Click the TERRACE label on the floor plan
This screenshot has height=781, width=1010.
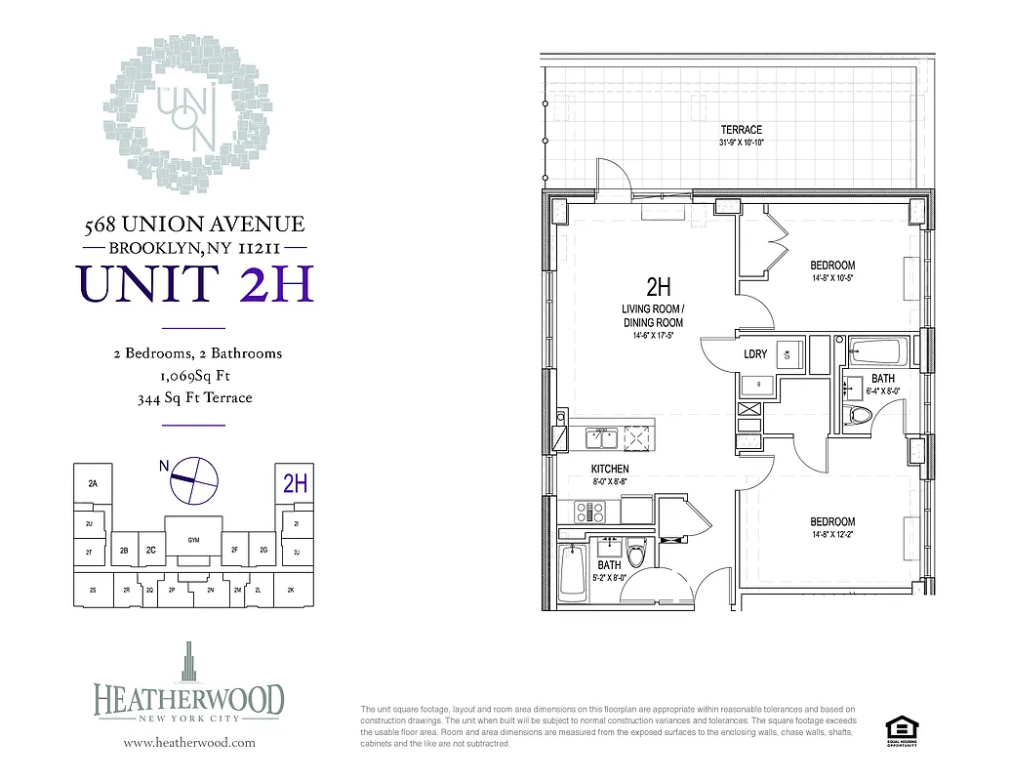click(x=741, y=130)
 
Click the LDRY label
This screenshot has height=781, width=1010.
click(x=755, y=354)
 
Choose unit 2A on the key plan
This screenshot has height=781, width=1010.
click(x=94, y=483)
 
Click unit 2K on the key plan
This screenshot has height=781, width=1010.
click(x=290, y=591)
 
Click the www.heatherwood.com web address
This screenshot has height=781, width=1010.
click(x=189, y=742)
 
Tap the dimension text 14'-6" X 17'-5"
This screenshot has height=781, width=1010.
click(x=653, y=335)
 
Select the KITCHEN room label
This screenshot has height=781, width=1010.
click(x=610, y=470)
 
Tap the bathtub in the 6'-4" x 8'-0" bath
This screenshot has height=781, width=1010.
click(x=878, y=349)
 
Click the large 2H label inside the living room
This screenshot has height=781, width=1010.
click(x=659, y=287)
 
